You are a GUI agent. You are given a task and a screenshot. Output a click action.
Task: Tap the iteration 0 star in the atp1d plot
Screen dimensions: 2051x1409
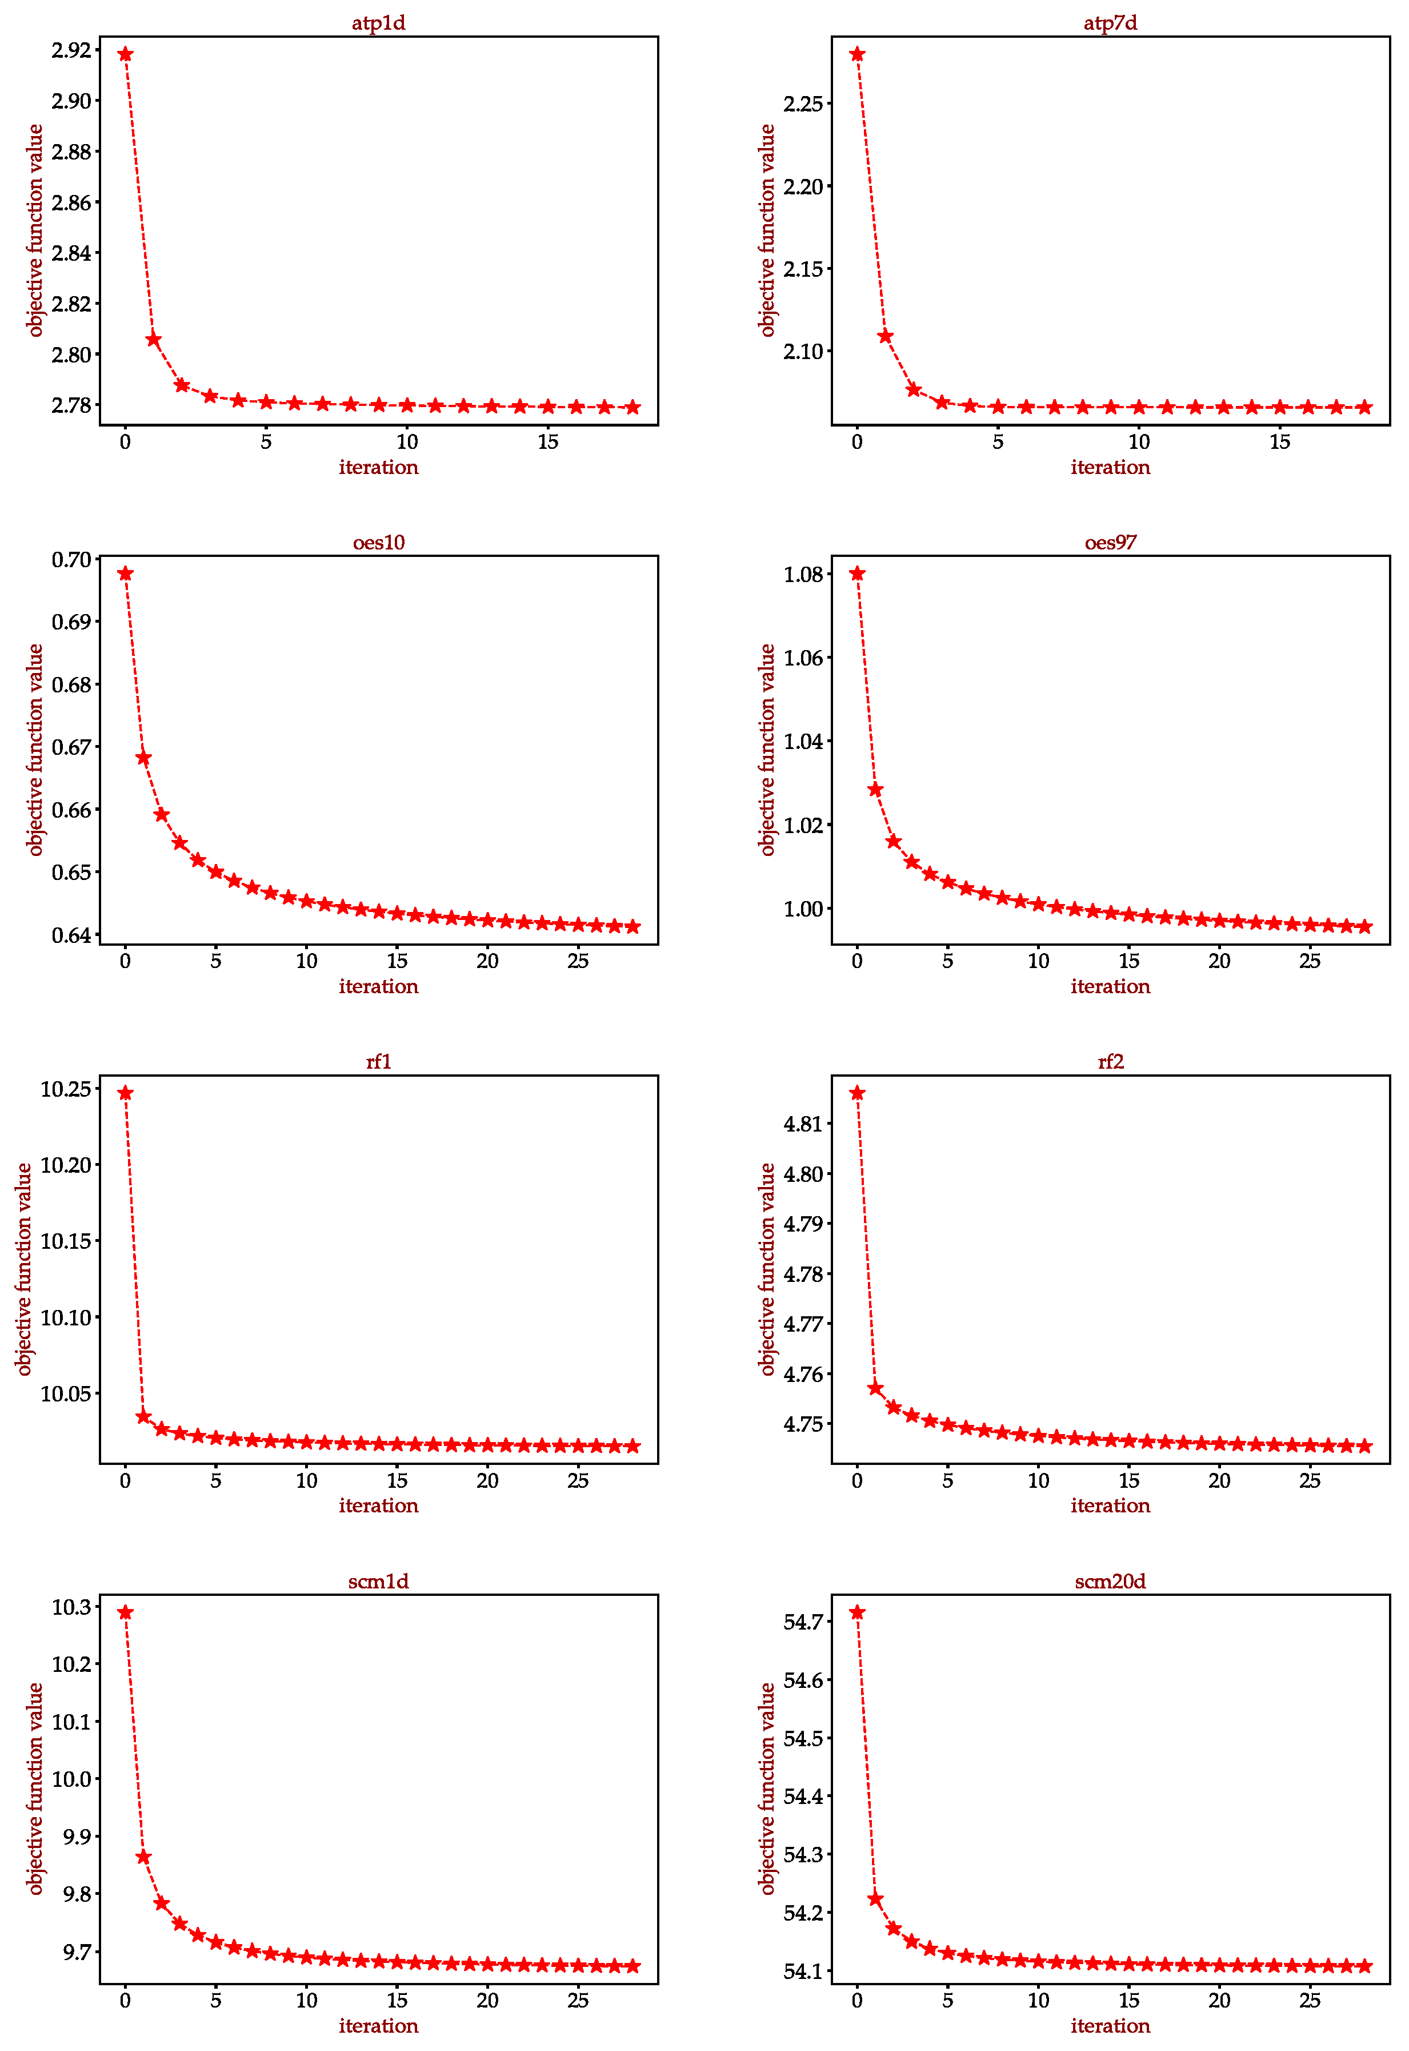pos(125,54)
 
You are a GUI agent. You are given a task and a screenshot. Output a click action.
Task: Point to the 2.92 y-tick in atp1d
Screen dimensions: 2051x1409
pos(71,50)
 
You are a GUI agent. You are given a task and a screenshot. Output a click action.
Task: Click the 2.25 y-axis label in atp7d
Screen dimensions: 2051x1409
pos(803,104)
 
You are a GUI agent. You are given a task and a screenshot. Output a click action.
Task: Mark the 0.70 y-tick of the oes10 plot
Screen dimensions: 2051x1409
pos(71,560)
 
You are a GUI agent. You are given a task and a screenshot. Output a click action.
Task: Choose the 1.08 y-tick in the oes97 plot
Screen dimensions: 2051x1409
pos(803,575)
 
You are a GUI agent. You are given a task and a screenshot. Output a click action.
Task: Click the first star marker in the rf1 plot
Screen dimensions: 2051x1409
pos(125,1093)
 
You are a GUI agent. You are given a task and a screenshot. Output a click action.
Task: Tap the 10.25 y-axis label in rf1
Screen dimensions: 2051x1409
pos(65,1089)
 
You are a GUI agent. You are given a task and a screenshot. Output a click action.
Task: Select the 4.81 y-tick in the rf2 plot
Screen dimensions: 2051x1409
pos(803,1125)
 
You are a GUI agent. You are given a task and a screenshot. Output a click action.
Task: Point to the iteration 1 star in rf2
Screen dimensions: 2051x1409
pos(875,1388)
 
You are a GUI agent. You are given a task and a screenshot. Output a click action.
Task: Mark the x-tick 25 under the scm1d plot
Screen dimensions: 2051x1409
pos(578,2001)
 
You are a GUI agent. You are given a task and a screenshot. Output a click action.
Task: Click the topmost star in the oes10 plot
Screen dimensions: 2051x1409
pos(125,574)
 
